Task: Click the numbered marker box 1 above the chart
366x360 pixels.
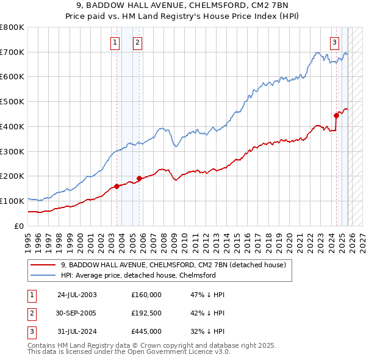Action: (x=115, y=42)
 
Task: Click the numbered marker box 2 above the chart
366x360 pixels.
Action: (x=138, y=42)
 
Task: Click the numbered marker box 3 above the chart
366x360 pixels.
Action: (x=335, y=42)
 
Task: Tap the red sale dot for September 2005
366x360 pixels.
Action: (x=139, y=178)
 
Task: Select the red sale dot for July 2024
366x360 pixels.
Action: (x=336, y=115)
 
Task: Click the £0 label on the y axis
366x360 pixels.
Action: (x=18, y=226)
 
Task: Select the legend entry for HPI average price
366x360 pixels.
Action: (x=138, y=275)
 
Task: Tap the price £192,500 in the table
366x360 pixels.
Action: (x=146, y=313)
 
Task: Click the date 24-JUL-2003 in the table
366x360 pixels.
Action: (x=77, y=295)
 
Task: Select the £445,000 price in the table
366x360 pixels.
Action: (x=146, y=331)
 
